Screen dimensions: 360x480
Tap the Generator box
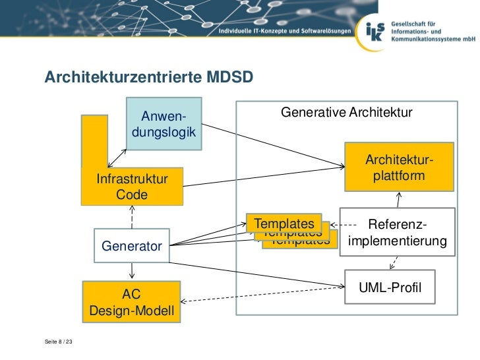132,246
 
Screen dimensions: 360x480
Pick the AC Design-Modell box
131,302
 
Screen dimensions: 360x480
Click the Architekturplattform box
399,169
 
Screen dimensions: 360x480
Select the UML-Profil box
390,287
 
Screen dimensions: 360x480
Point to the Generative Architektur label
347,113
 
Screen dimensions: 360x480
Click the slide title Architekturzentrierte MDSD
148,78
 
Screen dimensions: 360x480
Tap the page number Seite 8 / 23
59,342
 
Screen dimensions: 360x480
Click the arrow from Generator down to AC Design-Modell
133,270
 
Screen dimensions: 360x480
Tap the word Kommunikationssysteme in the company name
428,39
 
